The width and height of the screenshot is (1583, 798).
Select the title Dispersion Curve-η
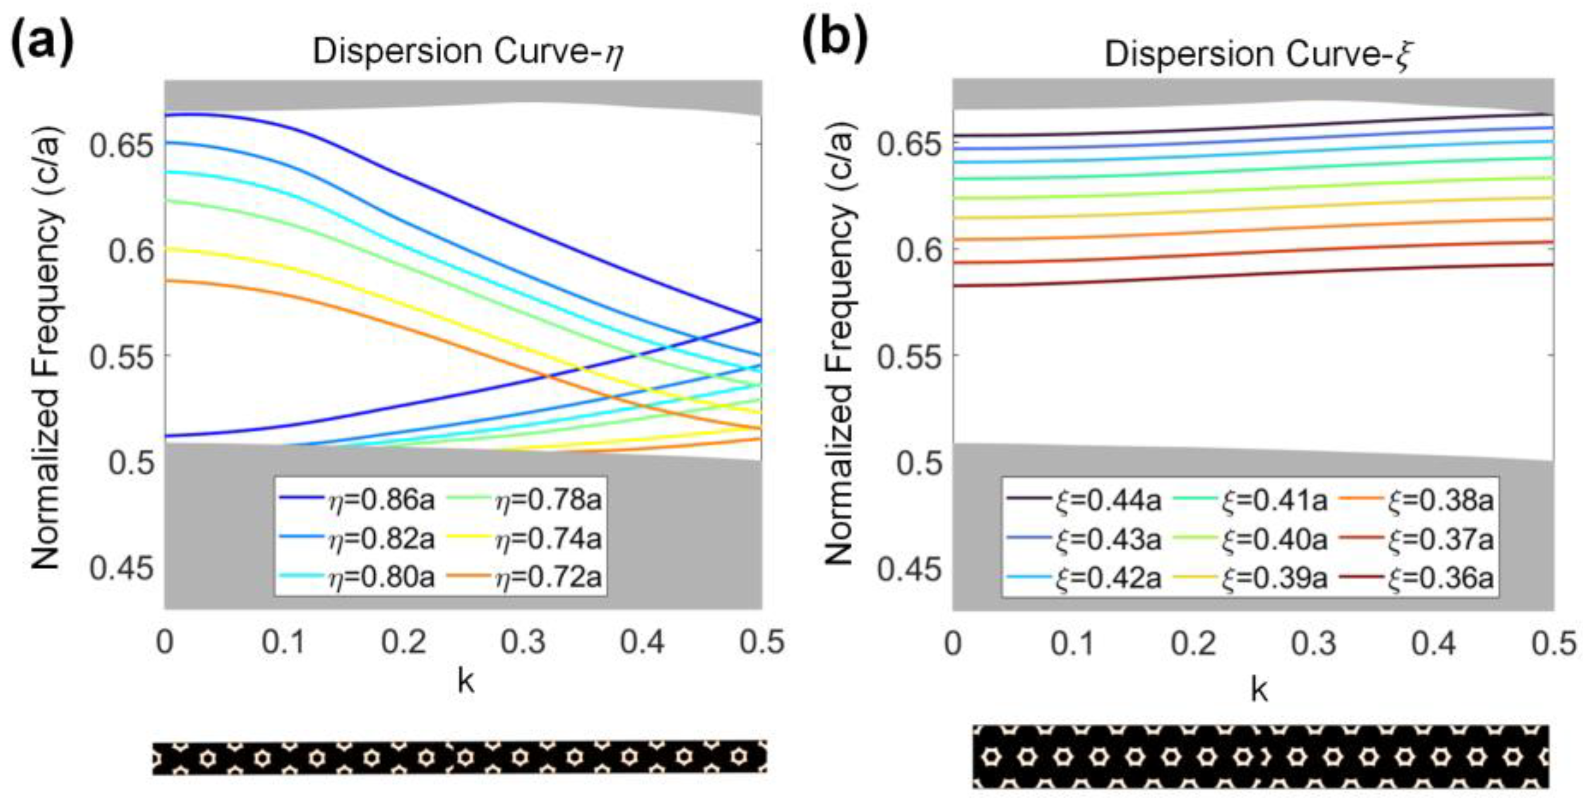[x=468, y=53]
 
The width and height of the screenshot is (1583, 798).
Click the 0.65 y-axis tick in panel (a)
[x=121, y=146]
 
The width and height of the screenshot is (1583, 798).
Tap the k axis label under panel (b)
[x=1258, y=690]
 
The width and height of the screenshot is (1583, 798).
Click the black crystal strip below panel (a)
[x=460, y=757]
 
